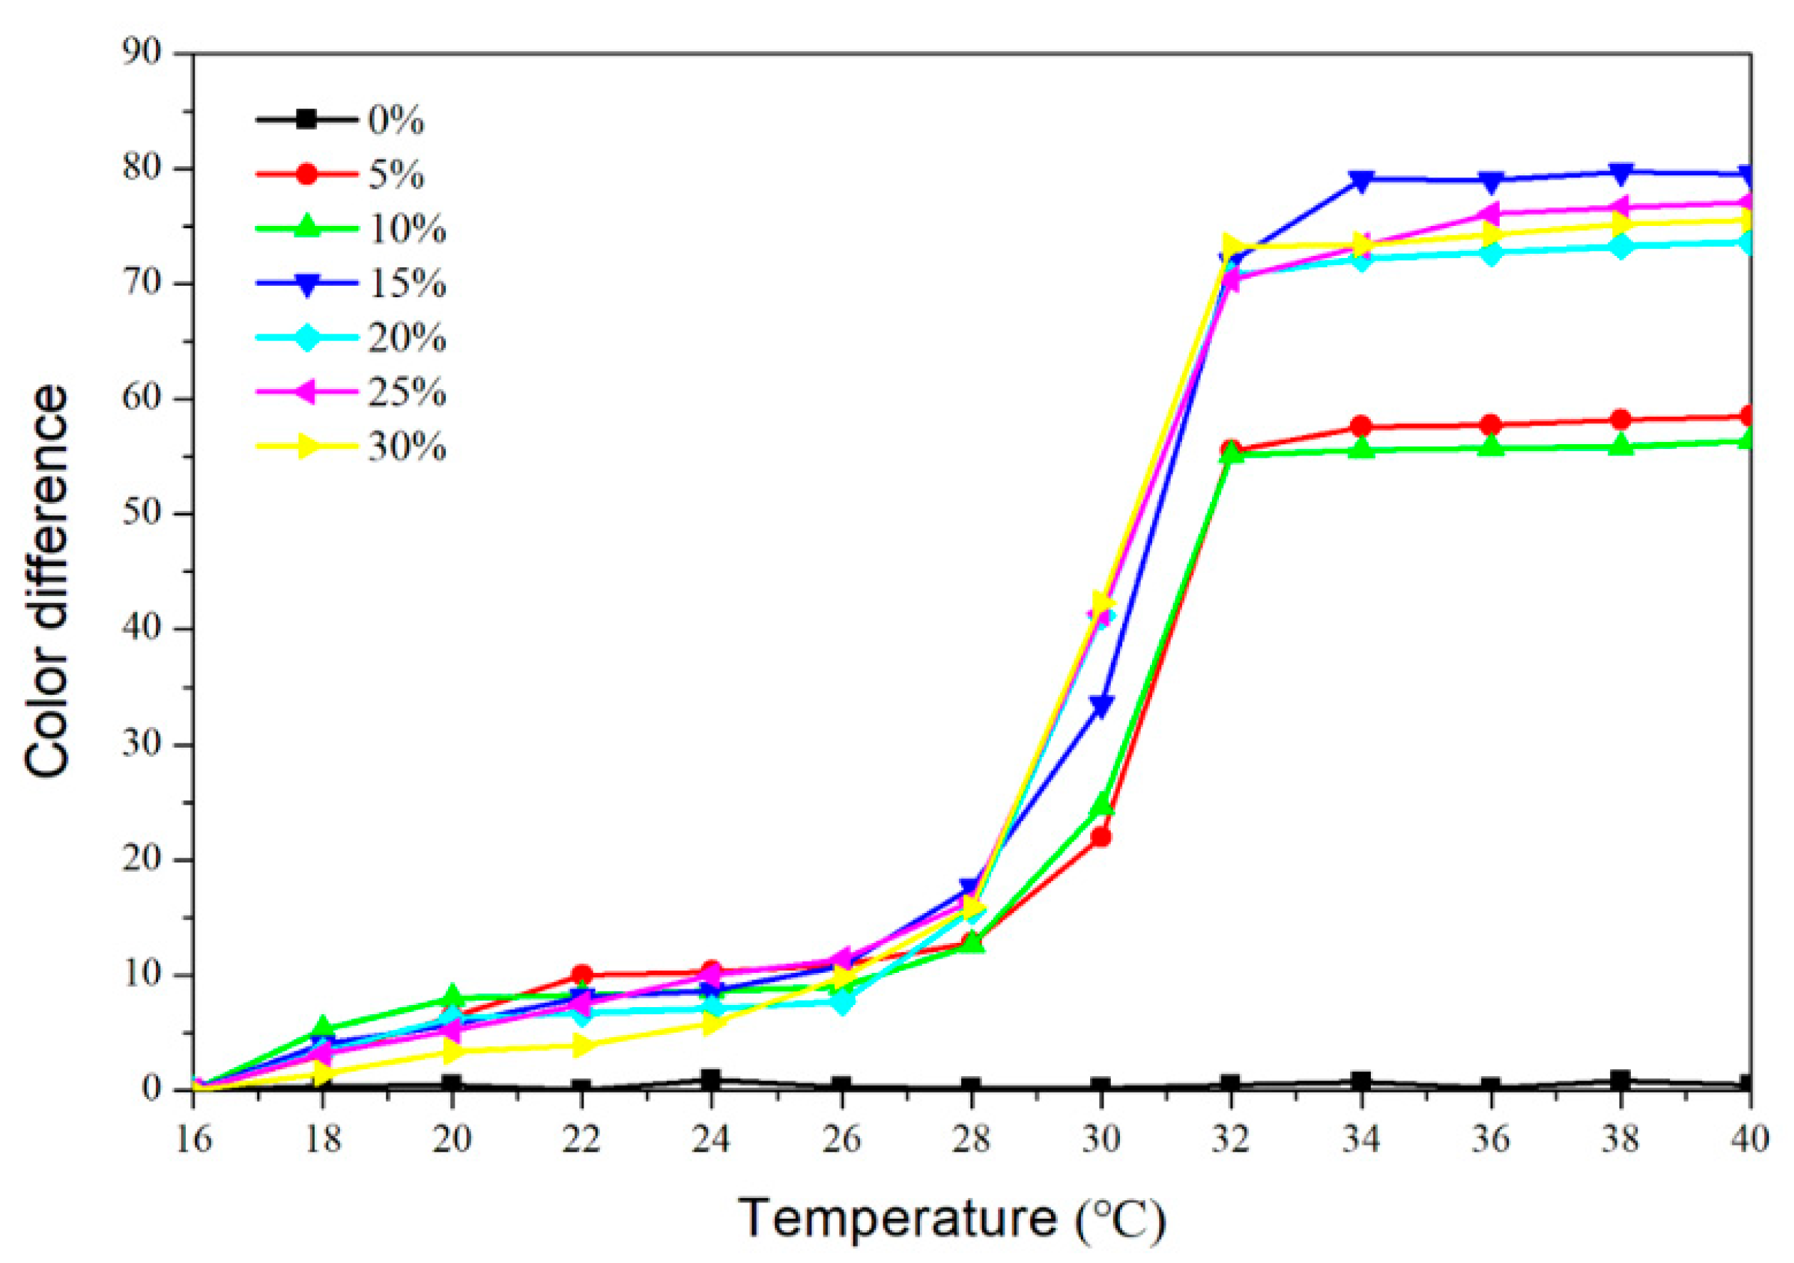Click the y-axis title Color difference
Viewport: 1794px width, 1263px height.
[47, 582]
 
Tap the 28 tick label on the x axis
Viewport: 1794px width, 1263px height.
[971, 1140]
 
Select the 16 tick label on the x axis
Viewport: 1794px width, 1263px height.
[193, 1140]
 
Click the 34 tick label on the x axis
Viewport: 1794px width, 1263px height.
[1360, 1140]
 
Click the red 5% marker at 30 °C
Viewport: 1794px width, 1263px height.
[1101, 837]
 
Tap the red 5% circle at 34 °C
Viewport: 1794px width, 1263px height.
[1360, 427]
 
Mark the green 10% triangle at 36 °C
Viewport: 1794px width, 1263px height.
[1490, 446]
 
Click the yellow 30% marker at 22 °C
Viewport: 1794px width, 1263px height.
[581, 1045]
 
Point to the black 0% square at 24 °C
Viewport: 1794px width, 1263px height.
[710, 1079]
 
